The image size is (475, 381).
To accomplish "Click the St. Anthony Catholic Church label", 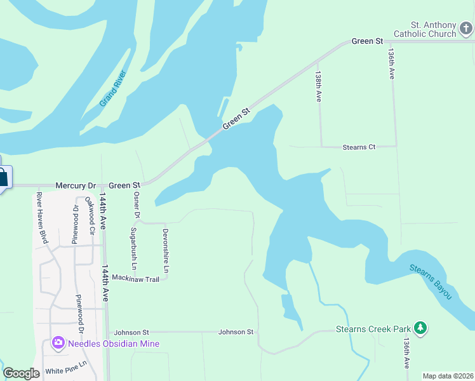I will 425,29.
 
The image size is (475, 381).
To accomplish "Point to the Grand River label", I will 113,89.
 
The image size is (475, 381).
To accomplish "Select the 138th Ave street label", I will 319,86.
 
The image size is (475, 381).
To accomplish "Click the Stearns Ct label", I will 359,147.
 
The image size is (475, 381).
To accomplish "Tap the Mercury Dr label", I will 75,186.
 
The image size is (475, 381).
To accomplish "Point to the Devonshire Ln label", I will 166,251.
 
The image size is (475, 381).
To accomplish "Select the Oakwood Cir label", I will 91,216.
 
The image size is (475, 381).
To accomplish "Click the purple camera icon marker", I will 58,344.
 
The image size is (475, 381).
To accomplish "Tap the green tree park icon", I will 420,328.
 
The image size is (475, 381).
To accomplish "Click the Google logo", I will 21,373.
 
